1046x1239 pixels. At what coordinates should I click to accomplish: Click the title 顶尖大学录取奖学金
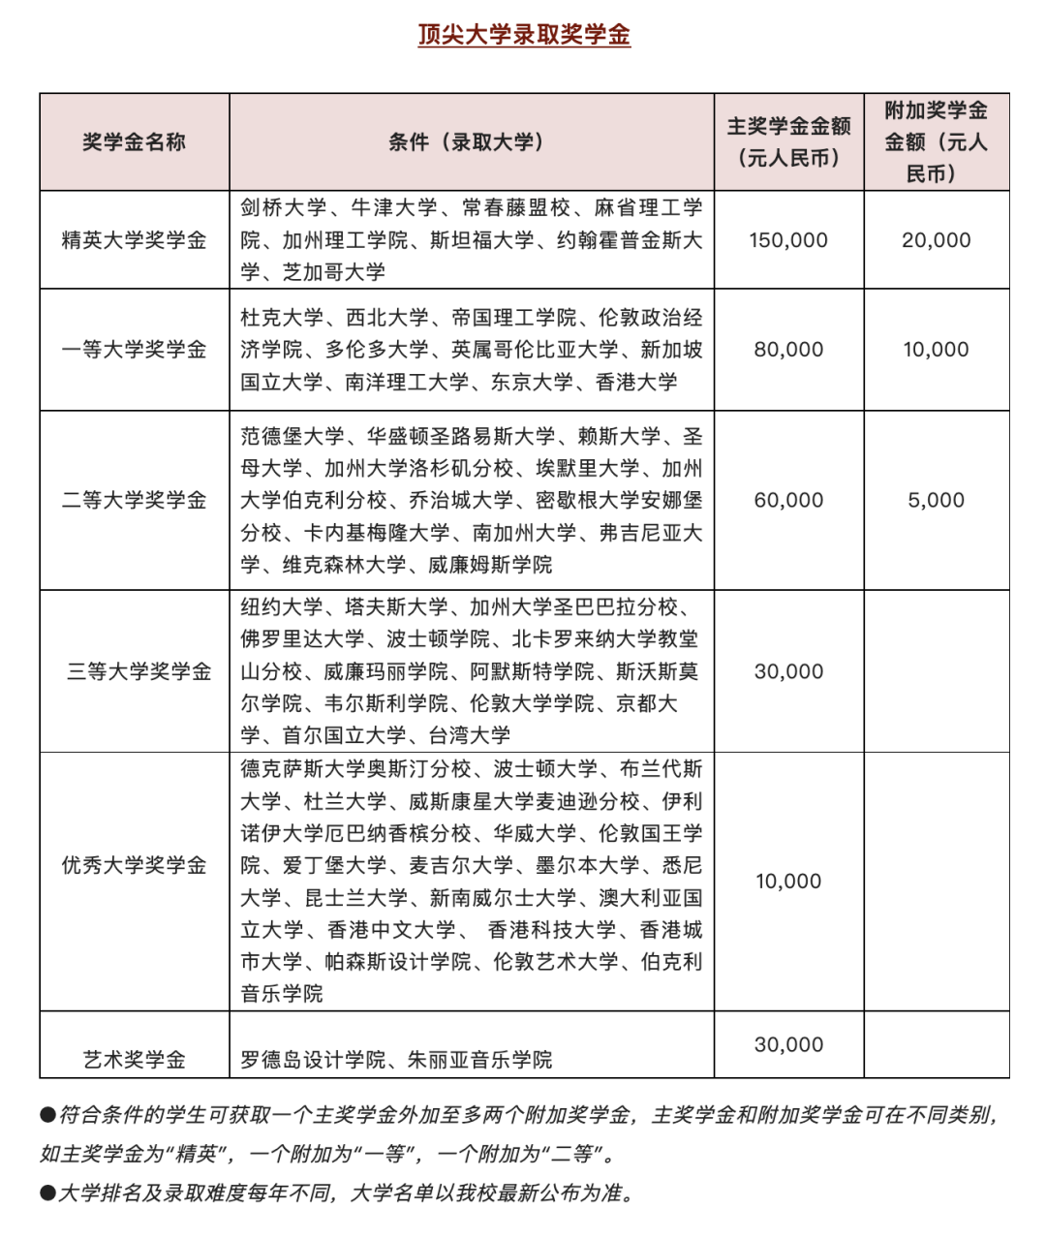pos(524,35)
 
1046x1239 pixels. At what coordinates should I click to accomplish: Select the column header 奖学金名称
pos(134,141)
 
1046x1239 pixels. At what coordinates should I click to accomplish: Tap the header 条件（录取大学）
pos(471,141)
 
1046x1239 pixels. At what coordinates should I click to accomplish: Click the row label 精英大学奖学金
pos(134,240)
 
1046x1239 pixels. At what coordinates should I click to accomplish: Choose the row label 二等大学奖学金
pos(134,500)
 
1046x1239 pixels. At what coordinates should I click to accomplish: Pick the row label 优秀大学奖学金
pos(134,865)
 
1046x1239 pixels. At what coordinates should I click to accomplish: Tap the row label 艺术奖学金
pos(134,1059)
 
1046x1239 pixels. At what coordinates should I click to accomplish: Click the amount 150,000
pos(788,240)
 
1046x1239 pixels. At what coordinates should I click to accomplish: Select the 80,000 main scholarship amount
pos(788,350)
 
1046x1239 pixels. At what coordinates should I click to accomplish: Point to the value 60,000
pos(788,500)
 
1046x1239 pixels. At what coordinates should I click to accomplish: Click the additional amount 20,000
pos(936,240)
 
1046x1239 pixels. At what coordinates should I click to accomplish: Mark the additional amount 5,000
pos(936,500)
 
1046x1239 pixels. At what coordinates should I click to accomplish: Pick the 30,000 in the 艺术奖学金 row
pos(788,1044)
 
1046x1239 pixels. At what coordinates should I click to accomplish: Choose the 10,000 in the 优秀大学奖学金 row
pos(788,882)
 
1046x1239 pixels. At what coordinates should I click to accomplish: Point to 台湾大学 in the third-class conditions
pos(470,735)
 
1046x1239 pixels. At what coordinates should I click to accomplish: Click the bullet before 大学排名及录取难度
pos(47,1193)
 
